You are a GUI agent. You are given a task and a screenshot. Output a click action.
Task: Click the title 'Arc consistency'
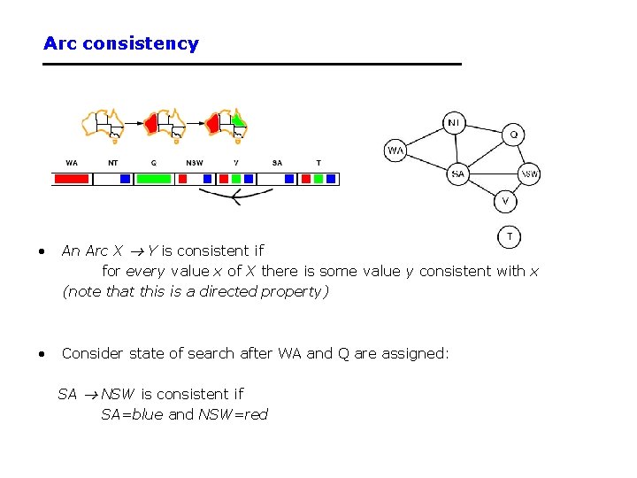[121, 43]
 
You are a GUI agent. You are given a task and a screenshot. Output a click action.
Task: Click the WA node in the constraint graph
[395, 150]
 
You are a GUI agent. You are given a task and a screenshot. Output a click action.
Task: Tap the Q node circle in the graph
[515, 135]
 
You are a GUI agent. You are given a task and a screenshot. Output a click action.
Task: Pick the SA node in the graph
[457, 174]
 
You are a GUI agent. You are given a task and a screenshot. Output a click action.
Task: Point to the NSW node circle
[529, 174]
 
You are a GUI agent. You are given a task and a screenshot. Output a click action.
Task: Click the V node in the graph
[505, 201]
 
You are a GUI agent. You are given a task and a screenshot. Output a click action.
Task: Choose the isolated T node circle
[510, 236]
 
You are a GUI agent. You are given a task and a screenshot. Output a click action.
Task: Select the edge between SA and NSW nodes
[493, 174]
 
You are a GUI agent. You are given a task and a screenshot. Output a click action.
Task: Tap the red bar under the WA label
[72, 179]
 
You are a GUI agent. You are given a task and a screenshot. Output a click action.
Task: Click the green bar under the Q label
[153, 179]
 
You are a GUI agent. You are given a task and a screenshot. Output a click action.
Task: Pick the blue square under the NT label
[125, 179]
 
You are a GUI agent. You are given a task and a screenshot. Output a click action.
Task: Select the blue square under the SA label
[288, 179]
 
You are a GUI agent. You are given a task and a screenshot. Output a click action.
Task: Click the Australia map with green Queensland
[226, 125]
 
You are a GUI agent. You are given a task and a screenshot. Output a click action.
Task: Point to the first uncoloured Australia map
[103, 125]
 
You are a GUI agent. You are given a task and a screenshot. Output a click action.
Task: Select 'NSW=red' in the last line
[233, 414]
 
